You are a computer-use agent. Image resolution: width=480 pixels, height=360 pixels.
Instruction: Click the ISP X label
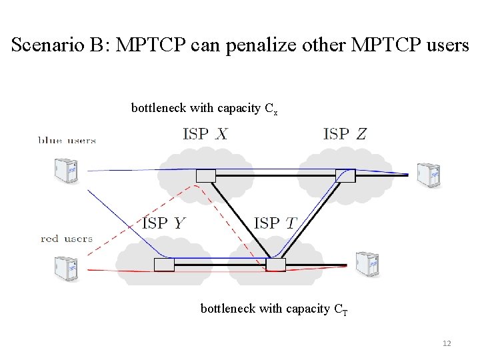coord(205,134)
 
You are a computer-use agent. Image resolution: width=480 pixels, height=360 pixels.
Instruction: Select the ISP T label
coord(275,223)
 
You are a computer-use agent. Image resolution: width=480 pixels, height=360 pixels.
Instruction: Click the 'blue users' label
coord(67,141)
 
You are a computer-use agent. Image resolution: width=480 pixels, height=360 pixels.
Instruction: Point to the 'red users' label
coord(67,238)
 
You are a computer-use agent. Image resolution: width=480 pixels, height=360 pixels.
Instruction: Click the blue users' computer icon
coord(67,170)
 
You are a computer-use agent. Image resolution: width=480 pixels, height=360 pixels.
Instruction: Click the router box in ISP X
coord(206,175)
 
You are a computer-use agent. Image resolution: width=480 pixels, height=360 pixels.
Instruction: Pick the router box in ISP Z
coord(345,175)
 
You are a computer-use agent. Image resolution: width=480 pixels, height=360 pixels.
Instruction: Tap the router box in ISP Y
coord(164,265)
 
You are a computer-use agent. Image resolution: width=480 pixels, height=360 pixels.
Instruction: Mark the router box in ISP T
coord(275,265)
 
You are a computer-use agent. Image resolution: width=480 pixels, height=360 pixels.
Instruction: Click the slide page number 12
coord(446,343)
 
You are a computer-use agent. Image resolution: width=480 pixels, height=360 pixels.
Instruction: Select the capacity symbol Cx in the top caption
coord(272,109)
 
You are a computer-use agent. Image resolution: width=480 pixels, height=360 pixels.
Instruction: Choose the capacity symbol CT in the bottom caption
coord(341,309)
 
